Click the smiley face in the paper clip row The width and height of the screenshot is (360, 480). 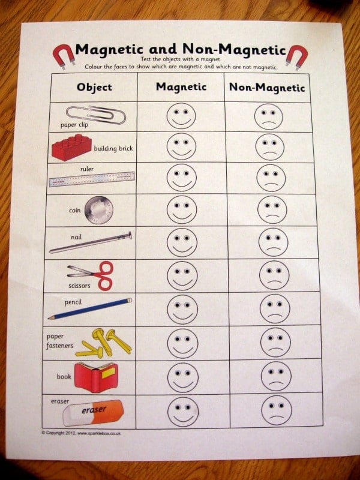181,116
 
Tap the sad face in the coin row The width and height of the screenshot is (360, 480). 272,210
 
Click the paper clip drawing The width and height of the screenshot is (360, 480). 95,113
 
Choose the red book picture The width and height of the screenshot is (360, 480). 95,377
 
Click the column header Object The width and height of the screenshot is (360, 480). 94,87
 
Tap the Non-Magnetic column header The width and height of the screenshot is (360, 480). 267,88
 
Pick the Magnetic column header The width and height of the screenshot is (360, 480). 181,87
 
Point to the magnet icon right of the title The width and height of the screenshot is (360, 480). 295,56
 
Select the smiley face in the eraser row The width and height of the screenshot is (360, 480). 183,412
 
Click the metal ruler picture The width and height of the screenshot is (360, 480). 92,179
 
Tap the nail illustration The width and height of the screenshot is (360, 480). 91,242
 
